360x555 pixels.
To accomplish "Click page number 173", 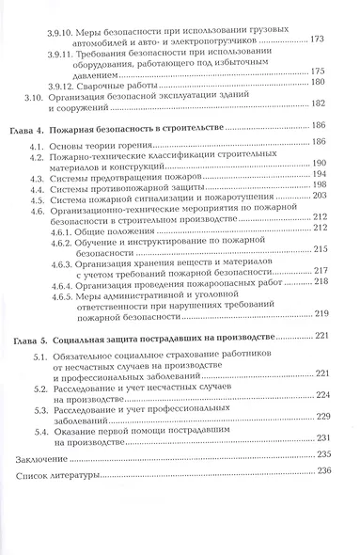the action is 319,40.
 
